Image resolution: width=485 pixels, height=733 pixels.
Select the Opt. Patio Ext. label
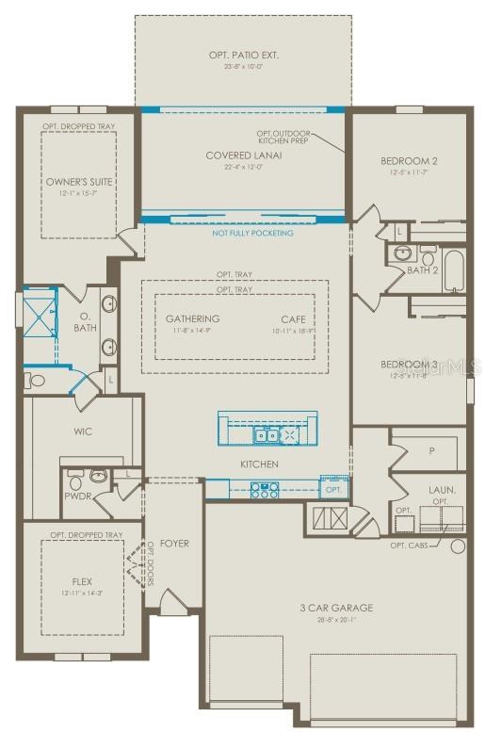point(242,56)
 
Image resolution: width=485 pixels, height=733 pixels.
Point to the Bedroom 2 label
point(408,161)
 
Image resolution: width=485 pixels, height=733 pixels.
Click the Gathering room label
point(192,318)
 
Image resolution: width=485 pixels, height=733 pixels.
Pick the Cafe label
point(292,318)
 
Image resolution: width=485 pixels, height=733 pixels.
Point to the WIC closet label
point(82,432)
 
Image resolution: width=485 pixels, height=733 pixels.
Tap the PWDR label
point(76,496)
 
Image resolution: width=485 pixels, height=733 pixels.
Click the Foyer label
point(174,543)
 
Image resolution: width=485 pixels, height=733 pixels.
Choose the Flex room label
point(82,581)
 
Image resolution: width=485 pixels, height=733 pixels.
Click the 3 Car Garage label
point(335,608)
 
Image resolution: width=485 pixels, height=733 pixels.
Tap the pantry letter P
point(429,451)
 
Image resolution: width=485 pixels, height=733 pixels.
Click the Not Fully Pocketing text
point(252,233)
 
